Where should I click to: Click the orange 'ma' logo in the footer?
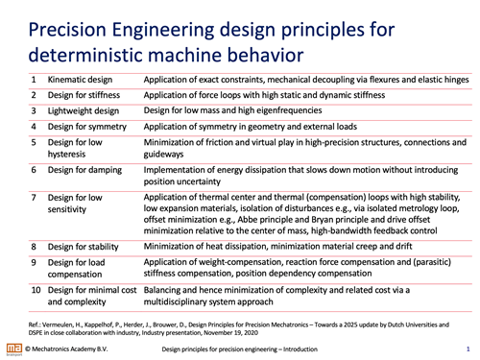(x=14, y=348)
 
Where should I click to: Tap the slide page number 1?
(x=468, y=349)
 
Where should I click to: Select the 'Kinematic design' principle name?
(x=80, y=80)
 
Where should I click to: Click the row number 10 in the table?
(x=36, y=290)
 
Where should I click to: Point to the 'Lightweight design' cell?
(x=84, y=111)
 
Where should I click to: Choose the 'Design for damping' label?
(x=84, y=170)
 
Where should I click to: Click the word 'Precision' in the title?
(x=67, y=30)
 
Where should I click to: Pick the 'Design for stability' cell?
(x=84, y=247)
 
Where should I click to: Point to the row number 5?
(x=34, y=142)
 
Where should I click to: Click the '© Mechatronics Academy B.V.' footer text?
(x=66, y=348)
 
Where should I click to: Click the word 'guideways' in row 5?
(x=163, y=155)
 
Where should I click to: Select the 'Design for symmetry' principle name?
(x=87, y=127)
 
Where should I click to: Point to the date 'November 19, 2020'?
(x=230, y=333)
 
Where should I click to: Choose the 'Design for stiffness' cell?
(x=84, y=95)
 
